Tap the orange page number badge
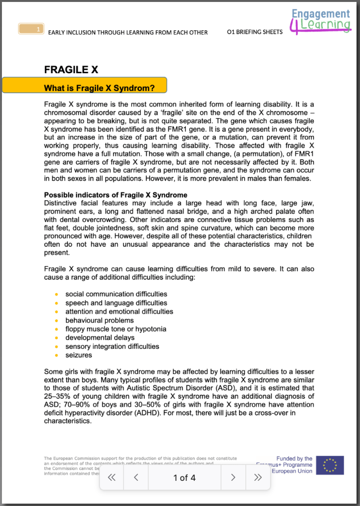click(31, 29)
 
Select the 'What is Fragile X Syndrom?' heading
click(99, 89)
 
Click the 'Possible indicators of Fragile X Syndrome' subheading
click(115, 195)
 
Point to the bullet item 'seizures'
click(79, 355)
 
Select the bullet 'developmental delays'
click(100, 338)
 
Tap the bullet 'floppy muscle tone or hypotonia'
click(116, 329)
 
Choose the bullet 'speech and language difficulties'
click(116, 303)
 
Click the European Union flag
click(330, 465)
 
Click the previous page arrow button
click(136, 477)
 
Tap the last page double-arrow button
click(257, 477)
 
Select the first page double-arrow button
click(112, 477)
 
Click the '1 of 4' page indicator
click(184, 477)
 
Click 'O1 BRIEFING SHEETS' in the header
click(255, 32)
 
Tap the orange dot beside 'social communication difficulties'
click(57, 294)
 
